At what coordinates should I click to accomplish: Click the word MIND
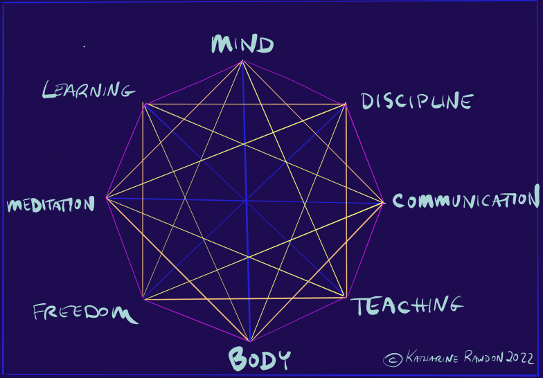click(242, 44)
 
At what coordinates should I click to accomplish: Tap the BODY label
click(259, 359)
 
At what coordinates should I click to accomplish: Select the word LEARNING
click(87, 89)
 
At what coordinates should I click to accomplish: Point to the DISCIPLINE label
click(417, 102)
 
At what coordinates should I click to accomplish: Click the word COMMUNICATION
click(465, 201)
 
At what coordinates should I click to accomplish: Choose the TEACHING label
click(406, 305)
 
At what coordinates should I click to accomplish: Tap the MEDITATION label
click(50, 205)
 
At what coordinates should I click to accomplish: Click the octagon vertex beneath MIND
click(242, 61)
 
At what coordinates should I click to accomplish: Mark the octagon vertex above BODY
click(250, 341)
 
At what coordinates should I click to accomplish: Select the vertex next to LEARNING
click(143, 104)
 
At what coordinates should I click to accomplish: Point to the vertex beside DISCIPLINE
click(345, 105)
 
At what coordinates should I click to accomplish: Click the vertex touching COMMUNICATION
click(383, 203)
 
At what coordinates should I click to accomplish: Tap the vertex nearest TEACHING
click(345, 298)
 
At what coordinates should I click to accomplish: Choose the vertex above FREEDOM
click(143, 299)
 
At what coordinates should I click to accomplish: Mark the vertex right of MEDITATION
click(107, 198)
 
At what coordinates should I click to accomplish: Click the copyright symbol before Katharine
click(393, 359)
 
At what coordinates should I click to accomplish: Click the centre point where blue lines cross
click(246, 201)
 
